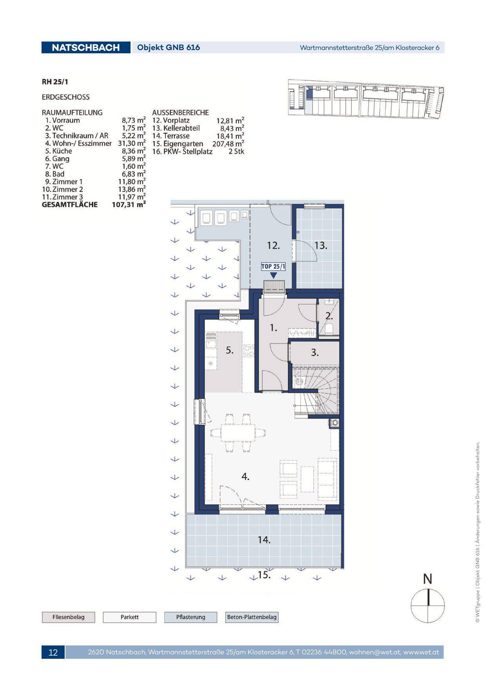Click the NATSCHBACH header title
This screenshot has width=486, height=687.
point(85,47)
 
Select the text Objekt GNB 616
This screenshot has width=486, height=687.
point(169,47)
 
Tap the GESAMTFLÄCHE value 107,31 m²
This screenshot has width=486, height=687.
point(129,205)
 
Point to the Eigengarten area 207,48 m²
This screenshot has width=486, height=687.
point(228,144)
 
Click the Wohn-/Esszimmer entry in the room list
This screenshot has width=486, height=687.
point(78,143)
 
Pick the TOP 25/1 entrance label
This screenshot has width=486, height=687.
point(274,266)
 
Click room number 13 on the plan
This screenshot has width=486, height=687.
point(321,246)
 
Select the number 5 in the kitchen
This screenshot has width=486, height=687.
point(230,351)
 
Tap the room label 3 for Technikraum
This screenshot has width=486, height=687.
point(315,353)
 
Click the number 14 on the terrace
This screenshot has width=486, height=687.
point(264,540)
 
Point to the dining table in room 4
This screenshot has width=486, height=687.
point(238,433)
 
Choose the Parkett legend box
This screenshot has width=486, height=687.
point(130,617)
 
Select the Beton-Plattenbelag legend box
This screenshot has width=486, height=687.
point(252,617)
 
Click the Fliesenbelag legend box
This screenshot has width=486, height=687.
point(69,617)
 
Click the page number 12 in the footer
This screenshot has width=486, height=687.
point(53,652)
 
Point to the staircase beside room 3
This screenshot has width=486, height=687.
point(316,390)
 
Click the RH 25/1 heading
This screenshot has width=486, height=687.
point(58,82)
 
